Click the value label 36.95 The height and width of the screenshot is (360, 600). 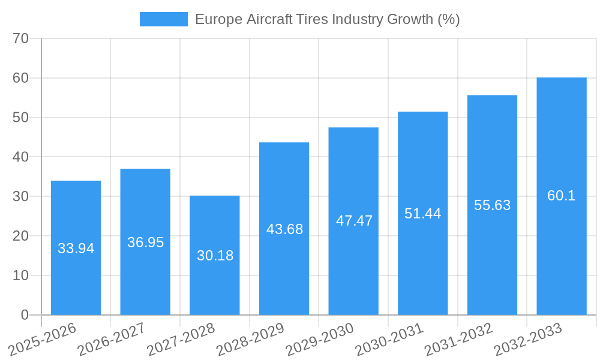pyautogui.click(x=145, y=242)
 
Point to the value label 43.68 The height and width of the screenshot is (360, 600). pyautogui.click(x=284, y=229)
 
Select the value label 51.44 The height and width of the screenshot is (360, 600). pyautogui.click(x=422, y=214)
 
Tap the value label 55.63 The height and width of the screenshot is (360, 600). pyautogui.click(x=492, y=205)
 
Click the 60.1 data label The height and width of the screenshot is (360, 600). pyautogui.click(x=561, y=196)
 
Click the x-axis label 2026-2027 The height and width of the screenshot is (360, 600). pyautogui.click(x=112, y=339)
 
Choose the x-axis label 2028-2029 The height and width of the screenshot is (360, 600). pyautogui.click(x=250, y=339)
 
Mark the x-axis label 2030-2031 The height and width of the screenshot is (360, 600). pyautogui.click(x=389, y=339)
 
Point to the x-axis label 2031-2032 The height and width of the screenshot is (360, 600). pyautogui.click(x=458, y=339)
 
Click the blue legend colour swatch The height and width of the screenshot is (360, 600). pyautogui.click(x=163, y=19)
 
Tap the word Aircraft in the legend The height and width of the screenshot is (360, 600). pyautogui.click(x=268, y=19)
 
